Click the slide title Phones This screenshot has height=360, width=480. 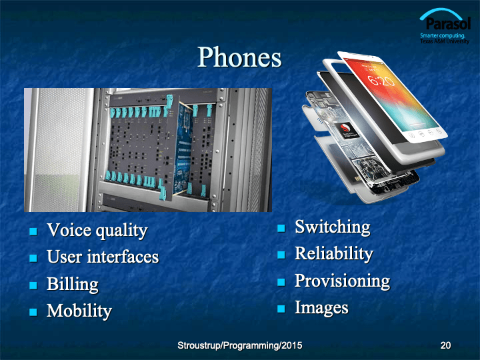point(239,57)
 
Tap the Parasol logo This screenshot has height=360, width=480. point(445,26)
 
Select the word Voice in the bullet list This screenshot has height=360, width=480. point(69,230)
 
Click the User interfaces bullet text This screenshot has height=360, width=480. point(103,257)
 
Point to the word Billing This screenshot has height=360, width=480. point(73,284)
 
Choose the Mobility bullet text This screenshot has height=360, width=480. point(79,311)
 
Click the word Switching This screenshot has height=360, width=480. point(333,227)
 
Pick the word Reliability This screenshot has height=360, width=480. point(334,254)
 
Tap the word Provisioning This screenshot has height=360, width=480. point(342,281)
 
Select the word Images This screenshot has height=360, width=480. point(321,307)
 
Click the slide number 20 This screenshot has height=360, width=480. point(445,345)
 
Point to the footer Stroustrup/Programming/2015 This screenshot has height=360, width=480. point(240,345)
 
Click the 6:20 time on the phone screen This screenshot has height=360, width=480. point(381,81)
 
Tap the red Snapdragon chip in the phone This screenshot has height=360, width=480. point(348,131)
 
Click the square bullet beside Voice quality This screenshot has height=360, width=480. point(33,231)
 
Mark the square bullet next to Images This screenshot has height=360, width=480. point(281,309)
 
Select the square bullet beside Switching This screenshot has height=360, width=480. point(281,229)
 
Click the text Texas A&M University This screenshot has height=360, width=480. point(445,41)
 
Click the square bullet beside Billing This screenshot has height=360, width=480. point(33,285)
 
